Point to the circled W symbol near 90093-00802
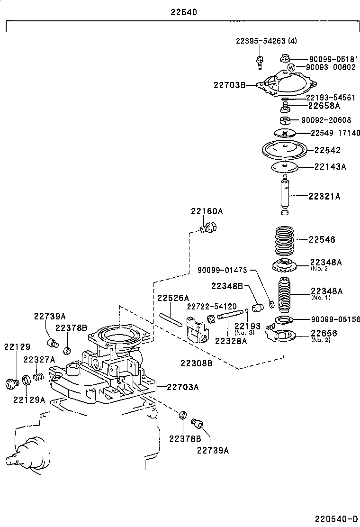pos(292,67)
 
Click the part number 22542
pos(327,150)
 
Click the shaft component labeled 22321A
pos(287,194)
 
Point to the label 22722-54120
pos(211,307)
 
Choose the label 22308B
pos(196,363)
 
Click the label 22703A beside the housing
pos(182,387)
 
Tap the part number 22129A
pos(29,399)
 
